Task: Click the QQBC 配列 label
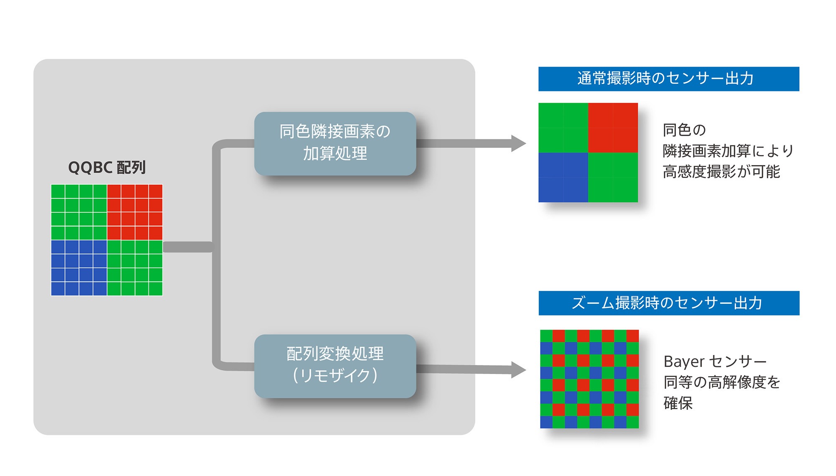tap(107, 168)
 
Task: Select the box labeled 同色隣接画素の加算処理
tap(335, 143)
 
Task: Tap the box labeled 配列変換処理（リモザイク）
tap(335, 366)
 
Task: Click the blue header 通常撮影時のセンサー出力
tap(668, 79)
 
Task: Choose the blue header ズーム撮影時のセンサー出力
tap(668, 303)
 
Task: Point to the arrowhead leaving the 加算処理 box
tap(518, 143)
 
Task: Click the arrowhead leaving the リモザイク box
tap(518, 370)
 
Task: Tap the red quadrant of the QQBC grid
tap(135, 212)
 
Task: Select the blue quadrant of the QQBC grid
tap(79, 268)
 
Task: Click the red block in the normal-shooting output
tap(613, 127)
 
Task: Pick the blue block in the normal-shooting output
tap(563, 177)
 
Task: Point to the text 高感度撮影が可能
tap(721, 172)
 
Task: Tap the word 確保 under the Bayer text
tap(678, 403)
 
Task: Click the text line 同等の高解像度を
tap(721, 382)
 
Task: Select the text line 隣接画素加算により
tap(728, 151)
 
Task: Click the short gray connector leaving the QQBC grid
tap(188, 247)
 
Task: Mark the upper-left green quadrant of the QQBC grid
tap(79, 212)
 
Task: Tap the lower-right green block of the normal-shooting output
tap(613, 177)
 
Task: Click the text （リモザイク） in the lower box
tap(335, 375)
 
